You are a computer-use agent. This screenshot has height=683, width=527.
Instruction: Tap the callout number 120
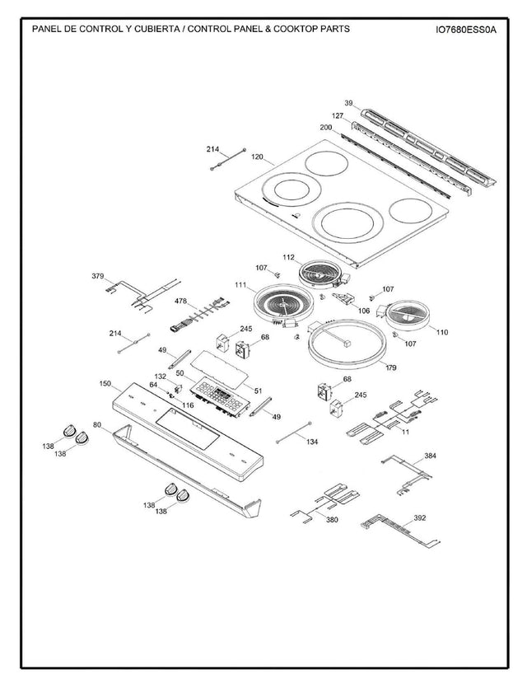(257, 157)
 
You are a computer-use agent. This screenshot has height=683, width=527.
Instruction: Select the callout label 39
(348, 103)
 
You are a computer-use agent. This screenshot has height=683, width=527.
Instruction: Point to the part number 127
(337, 116)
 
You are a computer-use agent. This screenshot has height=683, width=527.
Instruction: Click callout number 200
(325, 129)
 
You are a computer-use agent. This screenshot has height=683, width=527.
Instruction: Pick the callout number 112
(288, 258)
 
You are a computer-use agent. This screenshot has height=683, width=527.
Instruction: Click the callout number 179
(391, 367)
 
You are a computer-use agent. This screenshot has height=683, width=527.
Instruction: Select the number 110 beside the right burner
(442, 332)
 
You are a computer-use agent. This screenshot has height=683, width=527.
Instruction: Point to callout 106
(363, 311)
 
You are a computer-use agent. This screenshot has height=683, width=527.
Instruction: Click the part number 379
(98, 276)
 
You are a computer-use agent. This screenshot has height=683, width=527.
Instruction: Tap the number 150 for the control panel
(105, 384)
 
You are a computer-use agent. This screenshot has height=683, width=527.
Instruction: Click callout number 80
(97, 425)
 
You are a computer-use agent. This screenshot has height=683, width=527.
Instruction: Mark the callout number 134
(311, 442)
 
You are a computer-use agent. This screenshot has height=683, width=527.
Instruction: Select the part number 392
(419, 518)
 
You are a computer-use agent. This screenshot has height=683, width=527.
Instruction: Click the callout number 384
(430, 456)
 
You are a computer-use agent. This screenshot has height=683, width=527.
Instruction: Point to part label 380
(332, 520)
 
